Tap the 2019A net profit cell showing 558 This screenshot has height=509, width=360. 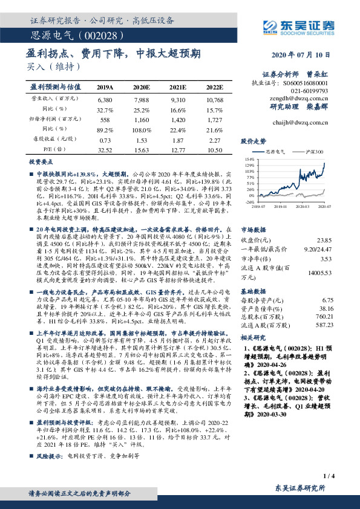coord(105,120)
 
